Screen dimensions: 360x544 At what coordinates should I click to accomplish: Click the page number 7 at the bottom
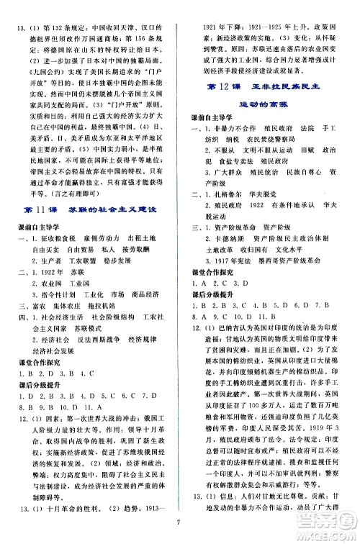coord(179,534)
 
